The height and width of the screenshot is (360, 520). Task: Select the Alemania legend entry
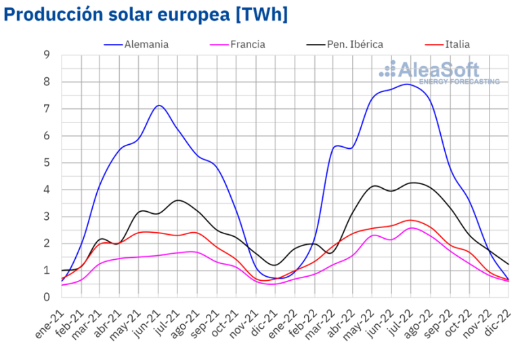click(146, 45)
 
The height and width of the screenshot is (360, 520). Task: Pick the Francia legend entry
click(247, 45)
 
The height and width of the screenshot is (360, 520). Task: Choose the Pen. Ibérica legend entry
click(355, 45)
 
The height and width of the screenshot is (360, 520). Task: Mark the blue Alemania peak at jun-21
click(159, 105)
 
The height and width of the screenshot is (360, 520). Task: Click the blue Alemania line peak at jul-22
click(407, 84)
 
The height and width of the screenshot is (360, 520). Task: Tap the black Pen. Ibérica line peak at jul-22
click(412, 183)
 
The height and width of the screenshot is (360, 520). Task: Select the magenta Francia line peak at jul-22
click(412, 227)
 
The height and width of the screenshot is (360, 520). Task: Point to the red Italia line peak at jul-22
click(410, 220)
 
